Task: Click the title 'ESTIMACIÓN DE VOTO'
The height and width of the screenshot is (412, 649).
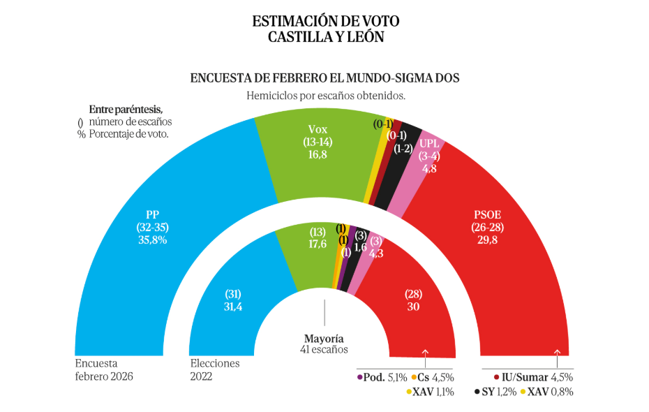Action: tap(326, 21)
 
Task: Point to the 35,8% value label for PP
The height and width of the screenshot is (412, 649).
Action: tap(153, 240)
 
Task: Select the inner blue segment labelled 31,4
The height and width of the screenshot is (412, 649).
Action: tap(230, 314)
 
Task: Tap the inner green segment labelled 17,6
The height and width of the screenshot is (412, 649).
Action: tap(307, 258)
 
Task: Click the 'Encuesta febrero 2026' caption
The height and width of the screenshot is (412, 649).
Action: tap(103, 369)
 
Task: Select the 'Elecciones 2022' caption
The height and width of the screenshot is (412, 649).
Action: tap(214, 369)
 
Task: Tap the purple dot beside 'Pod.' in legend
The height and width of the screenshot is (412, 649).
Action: tap(359, 378)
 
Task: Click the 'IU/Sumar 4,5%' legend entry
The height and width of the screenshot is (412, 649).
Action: tap(532, 378)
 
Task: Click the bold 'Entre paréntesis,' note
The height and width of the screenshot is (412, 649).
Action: tap(126, 110)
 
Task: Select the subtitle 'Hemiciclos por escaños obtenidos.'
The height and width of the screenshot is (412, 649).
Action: tap(326, 96)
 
